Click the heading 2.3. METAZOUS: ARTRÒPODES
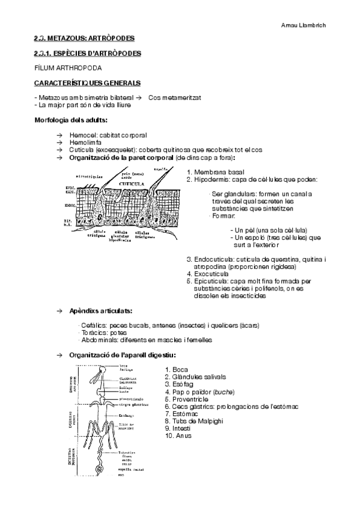(x=84, y=39)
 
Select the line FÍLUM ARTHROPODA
(x=68, y=68)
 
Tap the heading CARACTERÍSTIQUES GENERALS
(x=88, y=82)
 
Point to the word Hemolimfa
(x=86, y=143)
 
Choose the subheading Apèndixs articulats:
(x=101, y=311)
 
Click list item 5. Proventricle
(x=190, y=399)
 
